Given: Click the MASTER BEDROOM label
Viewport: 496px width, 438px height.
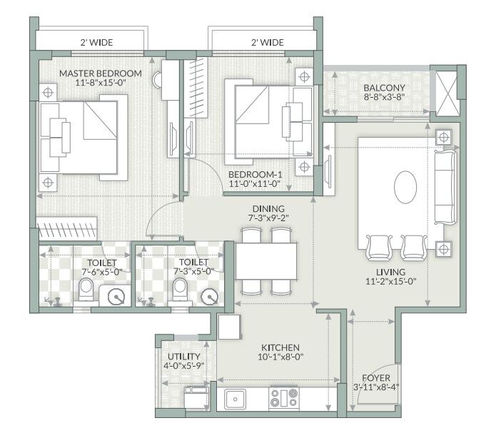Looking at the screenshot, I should tap(101, 73).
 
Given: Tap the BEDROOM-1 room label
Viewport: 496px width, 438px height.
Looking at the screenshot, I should tap(254, 174).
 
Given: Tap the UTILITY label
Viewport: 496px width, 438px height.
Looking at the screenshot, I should tap(183, 357).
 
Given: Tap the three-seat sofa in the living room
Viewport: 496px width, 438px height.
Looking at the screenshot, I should tap(444, 187).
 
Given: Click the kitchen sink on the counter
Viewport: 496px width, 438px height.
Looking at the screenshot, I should tap(236, 399).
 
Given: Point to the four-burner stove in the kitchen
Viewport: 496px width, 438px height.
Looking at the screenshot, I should tap(284, 399).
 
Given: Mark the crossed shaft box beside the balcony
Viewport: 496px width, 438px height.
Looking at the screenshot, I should tap(447, 90).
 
